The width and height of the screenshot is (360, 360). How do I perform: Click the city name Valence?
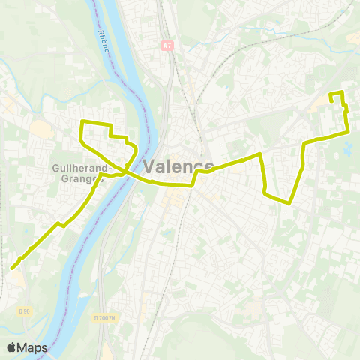pos(178,166)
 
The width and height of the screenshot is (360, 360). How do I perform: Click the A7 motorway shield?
pos(166,46)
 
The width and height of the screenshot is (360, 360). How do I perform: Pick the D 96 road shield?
pos(25,310)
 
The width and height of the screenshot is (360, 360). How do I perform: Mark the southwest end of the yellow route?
pos(13,267)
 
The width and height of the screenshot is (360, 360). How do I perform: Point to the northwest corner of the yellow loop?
pos(82,121)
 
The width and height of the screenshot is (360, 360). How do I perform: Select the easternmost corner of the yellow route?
pos(349,132)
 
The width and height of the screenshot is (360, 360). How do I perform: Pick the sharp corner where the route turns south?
pos(259,154)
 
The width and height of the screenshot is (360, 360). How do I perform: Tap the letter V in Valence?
pos(148,166)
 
